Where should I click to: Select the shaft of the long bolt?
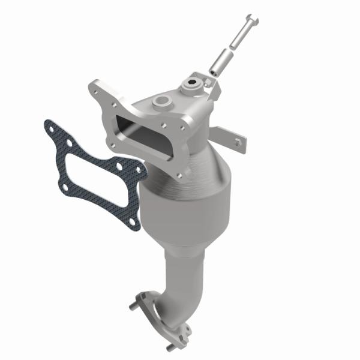point(238,40)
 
